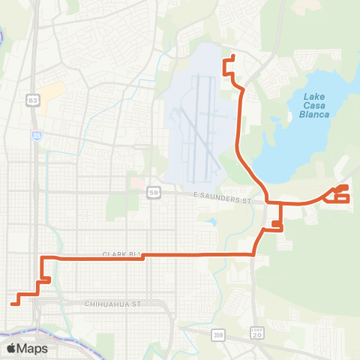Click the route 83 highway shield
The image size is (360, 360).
click(x=32, y=100)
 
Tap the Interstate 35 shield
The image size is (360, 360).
click(x=37, y=136)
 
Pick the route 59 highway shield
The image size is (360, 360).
click(x=152, y=191)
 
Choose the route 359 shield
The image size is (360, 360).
click(x=218, y=334)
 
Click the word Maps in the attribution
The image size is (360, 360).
click(x=33, y=348)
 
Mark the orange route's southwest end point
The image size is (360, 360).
click(x=13, y=303)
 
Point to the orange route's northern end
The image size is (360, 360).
click(x=234, y=57)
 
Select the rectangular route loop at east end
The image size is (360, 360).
click(x=341, y=197)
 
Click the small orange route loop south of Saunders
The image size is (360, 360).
click(x=277, y=224)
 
